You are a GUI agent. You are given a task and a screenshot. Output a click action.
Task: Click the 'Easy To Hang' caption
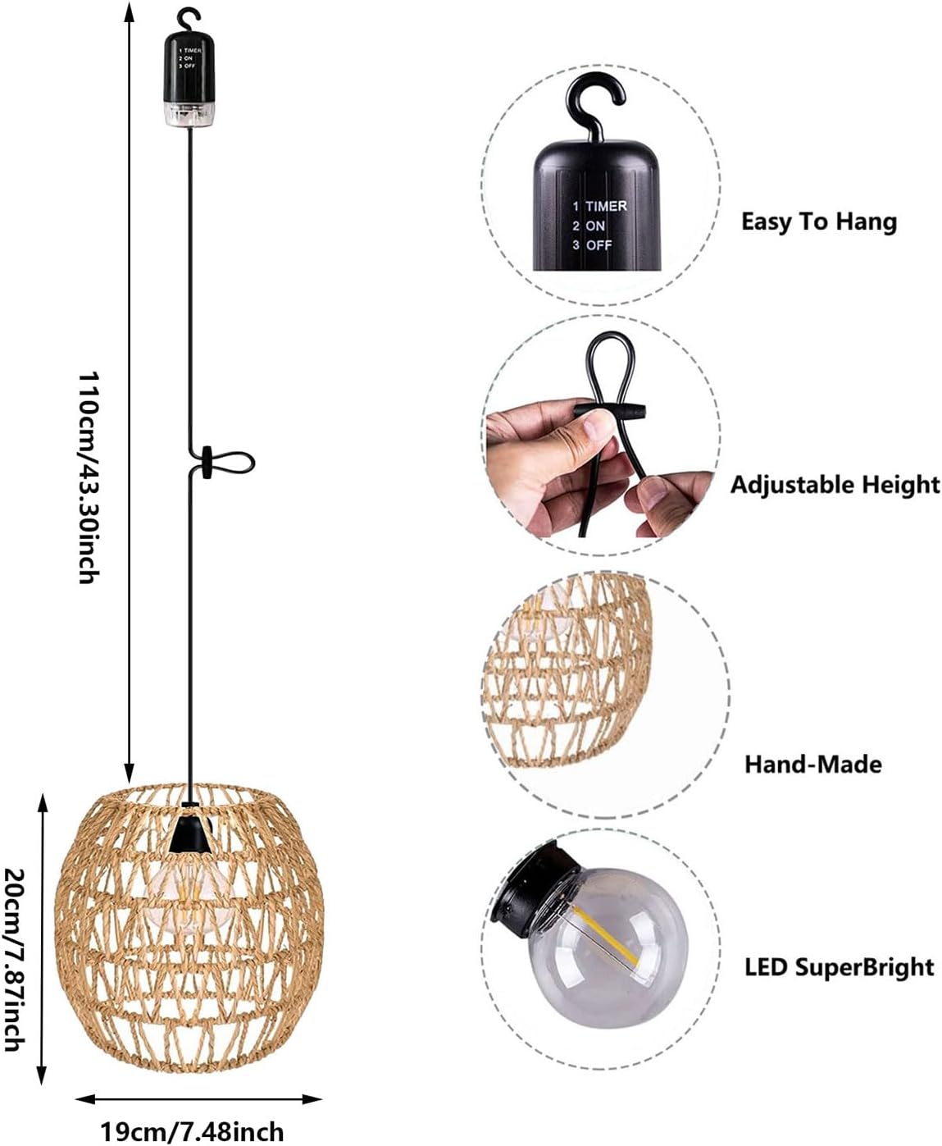[819, 222]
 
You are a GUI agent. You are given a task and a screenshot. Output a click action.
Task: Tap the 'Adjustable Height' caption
[835, 485]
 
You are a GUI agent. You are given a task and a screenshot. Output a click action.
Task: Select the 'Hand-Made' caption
[812, 765]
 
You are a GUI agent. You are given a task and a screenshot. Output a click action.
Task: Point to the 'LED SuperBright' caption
[840, 966]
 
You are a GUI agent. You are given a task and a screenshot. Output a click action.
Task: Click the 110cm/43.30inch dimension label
[89, 477]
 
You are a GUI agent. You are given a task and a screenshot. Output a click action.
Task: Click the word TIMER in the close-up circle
[606, 207]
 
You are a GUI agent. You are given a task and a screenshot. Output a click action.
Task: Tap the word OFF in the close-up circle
[598, 245]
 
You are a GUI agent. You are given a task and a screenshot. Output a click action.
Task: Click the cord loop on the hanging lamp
[230, 463]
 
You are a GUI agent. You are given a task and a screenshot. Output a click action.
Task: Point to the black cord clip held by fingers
[610, 411]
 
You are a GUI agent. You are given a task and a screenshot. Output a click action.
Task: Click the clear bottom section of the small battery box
[189, 114]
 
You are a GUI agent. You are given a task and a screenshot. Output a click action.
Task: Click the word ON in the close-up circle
[595, 226]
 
